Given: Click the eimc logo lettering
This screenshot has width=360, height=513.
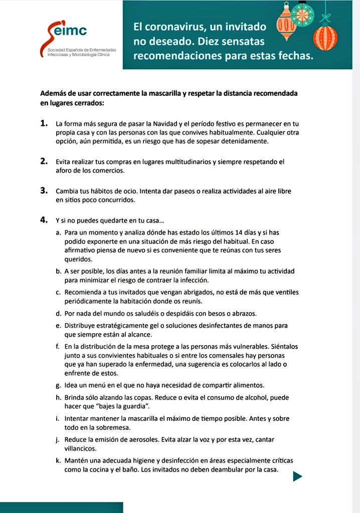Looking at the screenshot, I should pyautogui.click(x=72, y=31).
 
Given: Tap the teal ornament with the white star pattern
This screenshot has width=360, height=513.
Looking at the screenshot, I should pyautogui.click(x=302, y=15).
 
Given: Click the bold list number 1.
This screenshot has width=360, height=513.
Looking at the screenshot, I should pyautogui.click(x=44, y=123).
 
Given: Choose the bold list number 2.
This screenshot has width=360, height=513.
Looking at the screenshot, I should pyautogui.click(x=44, y=161).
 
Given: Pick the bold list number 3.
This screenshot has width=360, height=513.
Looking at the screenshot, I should pyautogui.click(x=44, y=191).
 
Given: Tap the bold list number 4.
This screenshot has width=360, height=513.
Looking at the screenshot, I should pyautogui.click(x=44, y=220).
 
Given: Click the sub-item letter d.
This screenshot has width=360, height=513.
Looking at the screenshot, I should pyautogui.click(x=59, y=314).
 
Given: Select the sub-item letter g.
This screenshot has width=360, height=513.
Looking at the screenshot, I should pyautogui.click(x=59, y=385).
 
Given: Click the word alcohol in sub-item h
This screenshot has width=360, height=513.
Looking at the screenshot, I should pyautogui.click(x=243, y=397).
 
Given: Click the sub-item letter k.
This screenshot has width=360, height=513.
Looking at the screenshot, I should pyautogui.click(x=59, y=460).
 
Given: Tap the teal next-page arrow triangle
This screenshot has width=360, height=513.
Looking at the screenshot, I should pyautogui.click(x=297, y=476).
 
